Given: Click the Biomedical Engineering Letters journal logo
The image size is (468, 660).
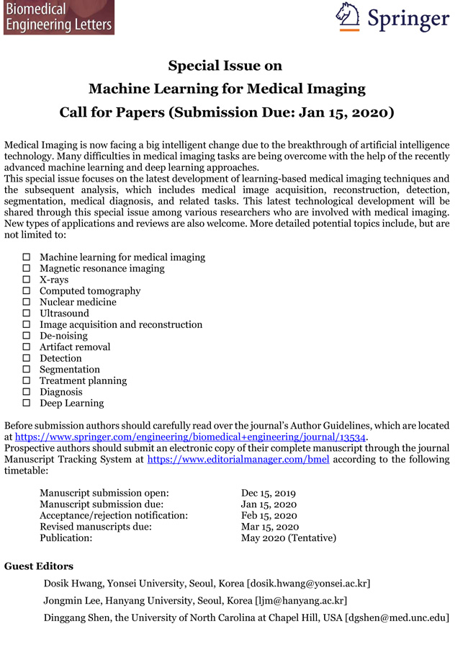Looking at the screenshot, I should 58,17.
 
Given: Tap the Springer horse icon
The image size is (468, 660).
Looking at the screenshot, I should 348,16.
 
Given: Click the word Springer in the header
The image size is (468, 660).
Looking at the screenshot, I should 408,18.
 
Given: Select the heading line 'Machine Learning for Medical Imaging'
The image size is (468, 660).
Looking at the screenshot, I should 227,89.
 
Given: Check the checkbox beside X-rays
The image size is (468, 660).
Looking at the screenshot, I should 27,280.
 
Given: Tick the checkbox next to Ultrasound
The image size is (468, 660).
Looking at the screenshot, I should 27,313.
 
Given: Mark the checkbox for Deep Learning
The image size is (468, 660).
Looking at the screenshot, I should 27,403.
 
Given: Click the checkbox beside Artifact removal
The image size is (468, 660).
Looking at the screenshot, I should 27,347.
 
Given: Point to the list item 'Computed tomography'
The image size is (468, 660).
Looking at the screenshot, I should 90,291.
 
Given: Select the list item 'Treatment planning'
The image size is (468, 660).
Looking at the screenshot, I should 83,380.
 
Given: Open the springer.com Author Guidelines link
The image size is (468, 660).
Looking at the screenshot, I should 191,437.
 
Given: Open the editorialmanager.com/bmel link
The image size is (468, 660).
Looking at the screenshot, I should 238,459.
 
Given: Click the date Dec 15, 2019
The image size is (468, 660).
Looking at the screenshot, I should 269,493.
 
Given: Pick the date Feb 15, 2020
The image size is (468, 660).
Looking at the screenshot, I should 268,515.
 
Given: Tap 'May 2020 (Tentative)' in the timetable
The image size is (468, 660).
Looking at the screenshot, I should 288,538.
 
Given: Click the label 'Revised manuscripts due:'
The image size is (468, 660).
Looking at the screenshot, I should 95,527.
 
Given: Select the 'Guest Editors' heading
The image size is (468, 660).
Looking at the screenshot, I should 39,566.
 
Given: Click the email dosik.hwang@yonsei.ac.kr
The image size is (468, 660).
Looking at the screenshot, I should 309,583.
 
